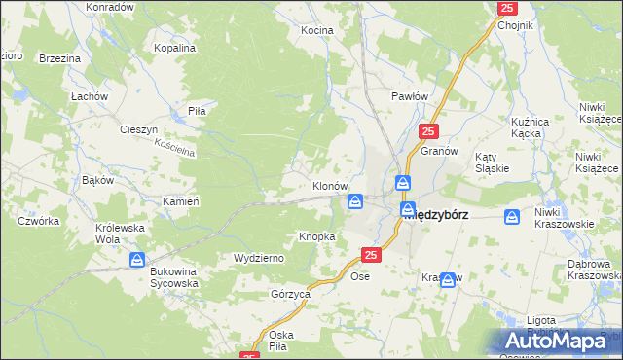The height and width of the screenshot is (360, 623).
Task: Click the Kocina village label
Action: (316, 30)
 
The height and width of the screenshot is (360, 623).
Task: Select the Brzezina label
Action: (59, 58)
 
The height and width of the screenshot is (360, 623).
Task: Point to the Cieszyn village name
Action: (138, 128)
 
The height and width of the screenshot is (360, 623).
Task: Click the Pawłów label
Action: (410, 96)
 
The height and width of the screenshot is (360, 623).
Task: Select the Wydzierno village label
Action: (258, 258)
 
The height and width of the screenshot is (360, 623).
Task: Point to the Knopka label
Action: (317, 236)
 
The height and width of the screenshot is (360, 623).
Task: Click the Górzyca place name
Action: (290, 293)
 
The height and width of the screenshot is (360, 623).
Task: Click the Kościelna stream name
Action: (175, 148)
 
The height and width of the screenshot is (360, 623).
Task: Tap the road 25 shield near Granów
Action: (430, 130)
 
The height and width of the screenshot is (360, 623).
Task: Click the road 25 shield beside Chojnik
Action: (506, 8)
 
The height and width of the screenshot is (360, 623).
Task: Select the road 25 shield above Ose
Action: (370, 255)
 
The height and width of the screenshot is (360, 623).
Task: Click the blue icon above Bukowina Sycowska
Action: (137, 260)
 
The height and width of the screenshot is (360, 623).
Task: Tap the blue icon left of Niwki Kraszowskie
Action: (512, 217)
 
